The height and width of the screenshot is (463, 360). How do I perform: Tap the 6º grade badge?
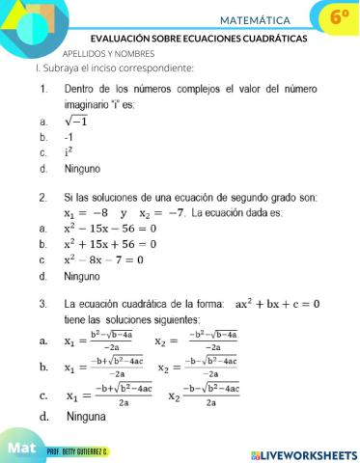tap(339, 17)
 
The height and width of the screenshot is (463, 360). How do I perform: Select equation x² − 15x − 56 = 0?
tap(109, 229)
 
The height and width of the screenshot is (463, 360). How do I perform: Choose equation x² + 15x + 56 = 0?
tap(109, 244)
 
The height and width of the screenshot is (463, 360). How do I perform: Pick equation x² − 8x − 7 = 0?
tap(103, 259)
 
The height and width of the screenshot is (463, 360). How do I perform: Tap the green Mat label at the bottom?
tap(22, 449)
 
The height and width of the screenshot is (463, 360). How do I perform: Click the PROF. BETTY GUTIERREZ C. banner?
tap(77, 452)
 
